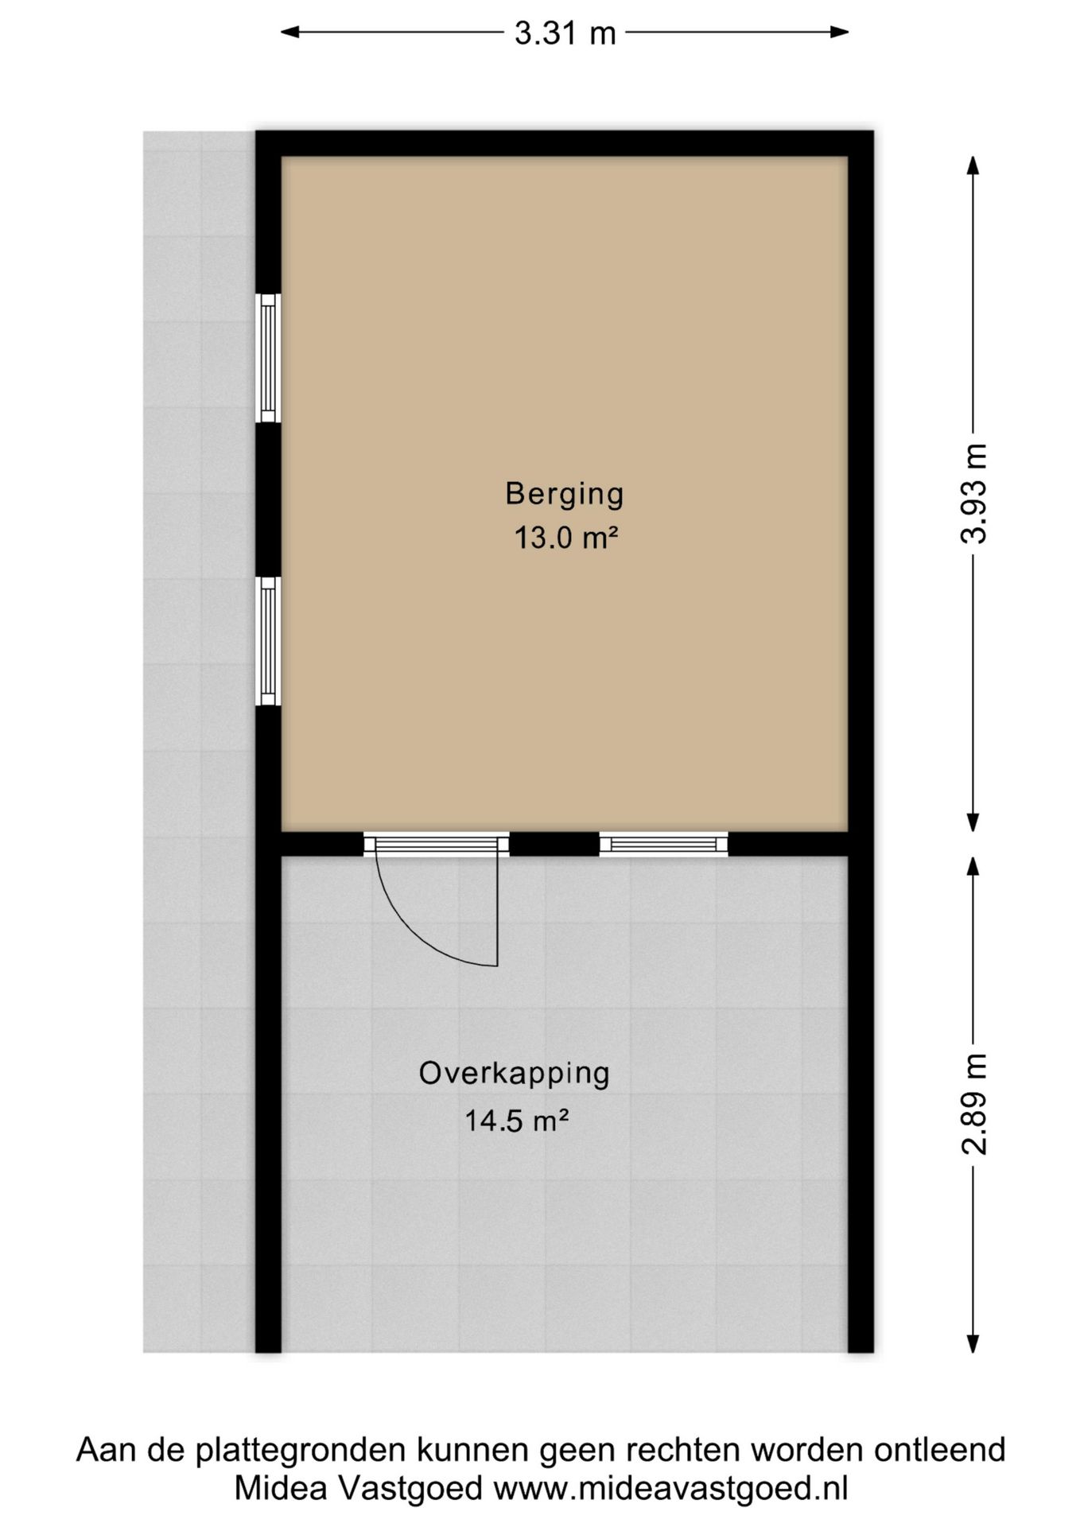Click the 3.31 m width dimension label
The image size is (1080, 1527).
click(565, 33)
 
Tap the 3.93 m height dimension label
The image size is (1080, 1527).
click(974, 494)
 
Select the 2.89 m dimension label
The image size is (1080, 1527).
click(974, 1104)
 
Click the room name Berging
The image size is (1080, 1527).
click(565, 495)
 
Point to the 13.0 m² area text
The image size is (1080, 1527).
click(565, 538)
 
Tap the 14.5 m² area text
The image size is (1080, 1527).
click(516, 1121)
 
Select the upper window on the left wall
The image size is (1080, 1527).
click(269, 358)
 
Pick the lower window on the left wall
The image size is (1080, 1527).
click(269, 641)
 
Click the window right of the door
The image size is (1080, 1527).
click(663, 844)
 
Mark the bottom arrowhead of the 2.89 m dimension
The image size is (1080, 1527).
click(973, 1343)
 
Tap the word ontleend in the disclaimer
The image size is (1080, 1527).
click(940, 1450)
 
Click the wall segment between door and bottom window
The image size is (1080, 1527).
click(554, 844)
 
